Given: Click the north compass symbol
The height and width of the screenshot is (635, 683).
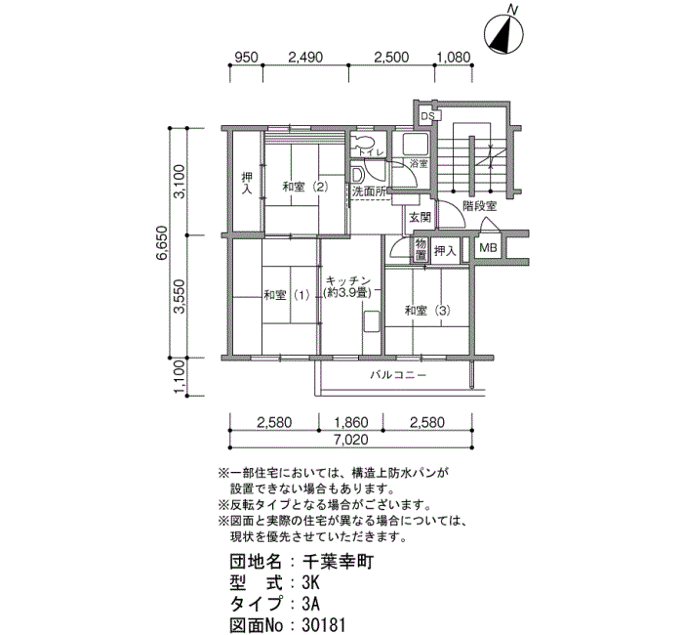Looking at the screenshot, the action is pos(504,34).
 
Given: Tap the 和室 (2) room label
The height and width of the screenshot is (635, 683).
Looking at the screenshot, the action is pos(305,188).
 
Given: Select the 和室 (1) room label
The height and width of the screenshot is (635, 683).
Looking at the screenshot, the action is pos(287,295).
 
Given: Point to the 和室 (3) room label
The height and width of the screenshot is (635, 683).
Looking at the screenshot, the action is pos(427,311).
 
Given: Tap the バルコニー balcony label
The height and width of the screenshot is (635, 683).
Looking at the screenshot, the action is pos(398,374).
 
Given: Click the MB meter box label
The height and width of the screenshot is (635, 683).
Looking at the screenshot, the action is pos(488,248).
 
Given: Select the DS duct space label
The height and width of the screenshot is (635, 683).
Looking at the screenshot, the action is pos(427,116).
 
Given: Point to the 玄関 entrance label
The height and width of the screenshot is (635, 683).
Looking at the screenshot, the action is pos(420,217).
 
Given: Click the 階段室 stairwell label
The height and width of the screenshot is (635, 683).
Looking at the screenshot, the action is pos(480,206).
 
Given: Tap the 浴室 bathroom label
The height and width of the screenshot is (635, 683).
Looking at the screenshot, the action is pos(419,164).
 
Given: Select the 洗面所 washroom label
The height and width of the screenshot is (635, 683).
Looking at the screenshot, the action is pos(369,191).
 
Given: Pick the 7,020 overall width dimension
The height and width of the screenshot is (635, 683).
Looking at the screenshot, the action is pos(350,440).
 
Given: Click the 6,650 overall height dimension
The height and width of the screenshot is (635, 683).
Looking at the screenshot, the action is pos(162,243).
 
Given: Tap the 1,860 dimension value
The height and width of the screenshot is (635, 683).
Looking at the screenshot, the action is pos(350,422).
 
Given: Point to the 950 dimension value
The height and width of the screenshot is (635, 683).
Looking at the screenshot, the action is pos(246,57).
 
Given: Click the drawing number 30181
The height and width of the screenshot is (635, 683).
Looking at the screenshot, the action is pos(323,625).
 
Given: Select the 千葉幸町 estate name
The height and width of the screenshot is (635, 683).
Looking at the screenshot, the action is pos(338,562).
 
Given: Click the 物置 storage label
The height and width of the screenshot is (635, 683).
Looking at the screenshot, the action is pos(421,249).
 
